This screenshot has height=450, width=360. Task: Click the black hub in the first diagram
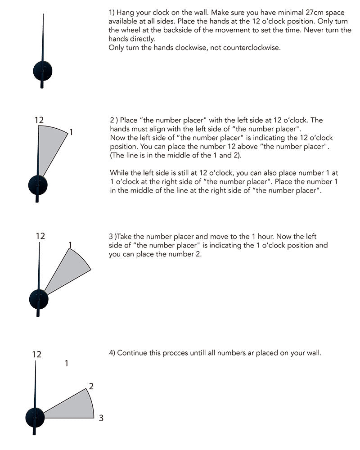(43, 71)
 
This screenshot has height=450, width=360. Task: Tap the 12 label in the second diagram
(39, 120)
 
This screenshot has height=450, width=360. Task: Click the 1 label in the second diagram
(71, 132)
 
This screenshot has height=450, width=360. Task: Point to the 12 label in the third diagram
(40, 236)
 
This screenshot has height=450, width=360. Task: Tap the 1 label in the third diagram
(70, 244)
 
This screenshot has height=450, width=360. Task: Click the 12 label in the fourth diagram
(36, 355)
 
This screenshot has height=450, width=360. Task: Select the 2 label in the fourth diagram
(91, 386)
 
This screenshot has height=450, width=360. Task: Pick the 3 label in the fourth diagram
(101, 418)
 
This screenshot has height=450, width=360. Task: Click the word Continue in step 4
(133, 353)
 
